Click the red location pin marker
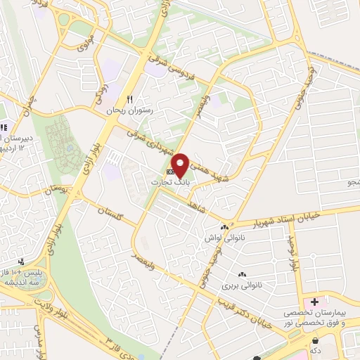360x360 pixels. (181, 165)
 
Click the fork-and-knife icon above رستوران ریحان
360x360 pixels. (129, 98)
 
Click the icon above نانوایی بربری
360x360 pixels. (243, 274)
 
